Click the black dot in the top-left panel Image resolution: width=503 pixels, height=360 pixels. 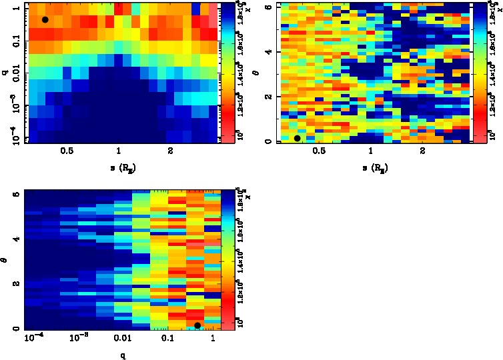pyautogui.click(x=45, y=19)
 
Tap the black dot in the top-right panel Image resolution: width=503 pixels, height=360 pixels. pyautogui.click(x=297, y=138)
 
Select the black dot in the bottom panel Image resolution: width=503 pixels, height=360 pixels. pyautogui.click(x=197, y=325)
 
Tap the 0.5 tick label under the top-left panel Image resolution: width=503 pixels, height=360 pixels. pyautogui.click(x=67, y=151)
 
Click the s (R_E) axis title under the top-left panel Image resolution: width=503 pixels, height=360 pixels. pyautogui.click(x=119, y=165)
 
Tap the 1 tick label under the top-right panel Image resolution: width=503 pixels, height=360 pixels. pyautogui.click(x=370, y=151)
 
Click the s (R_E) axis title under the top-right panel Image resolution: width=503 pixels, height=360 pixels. pyautogui.click(x=371, y=165)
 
